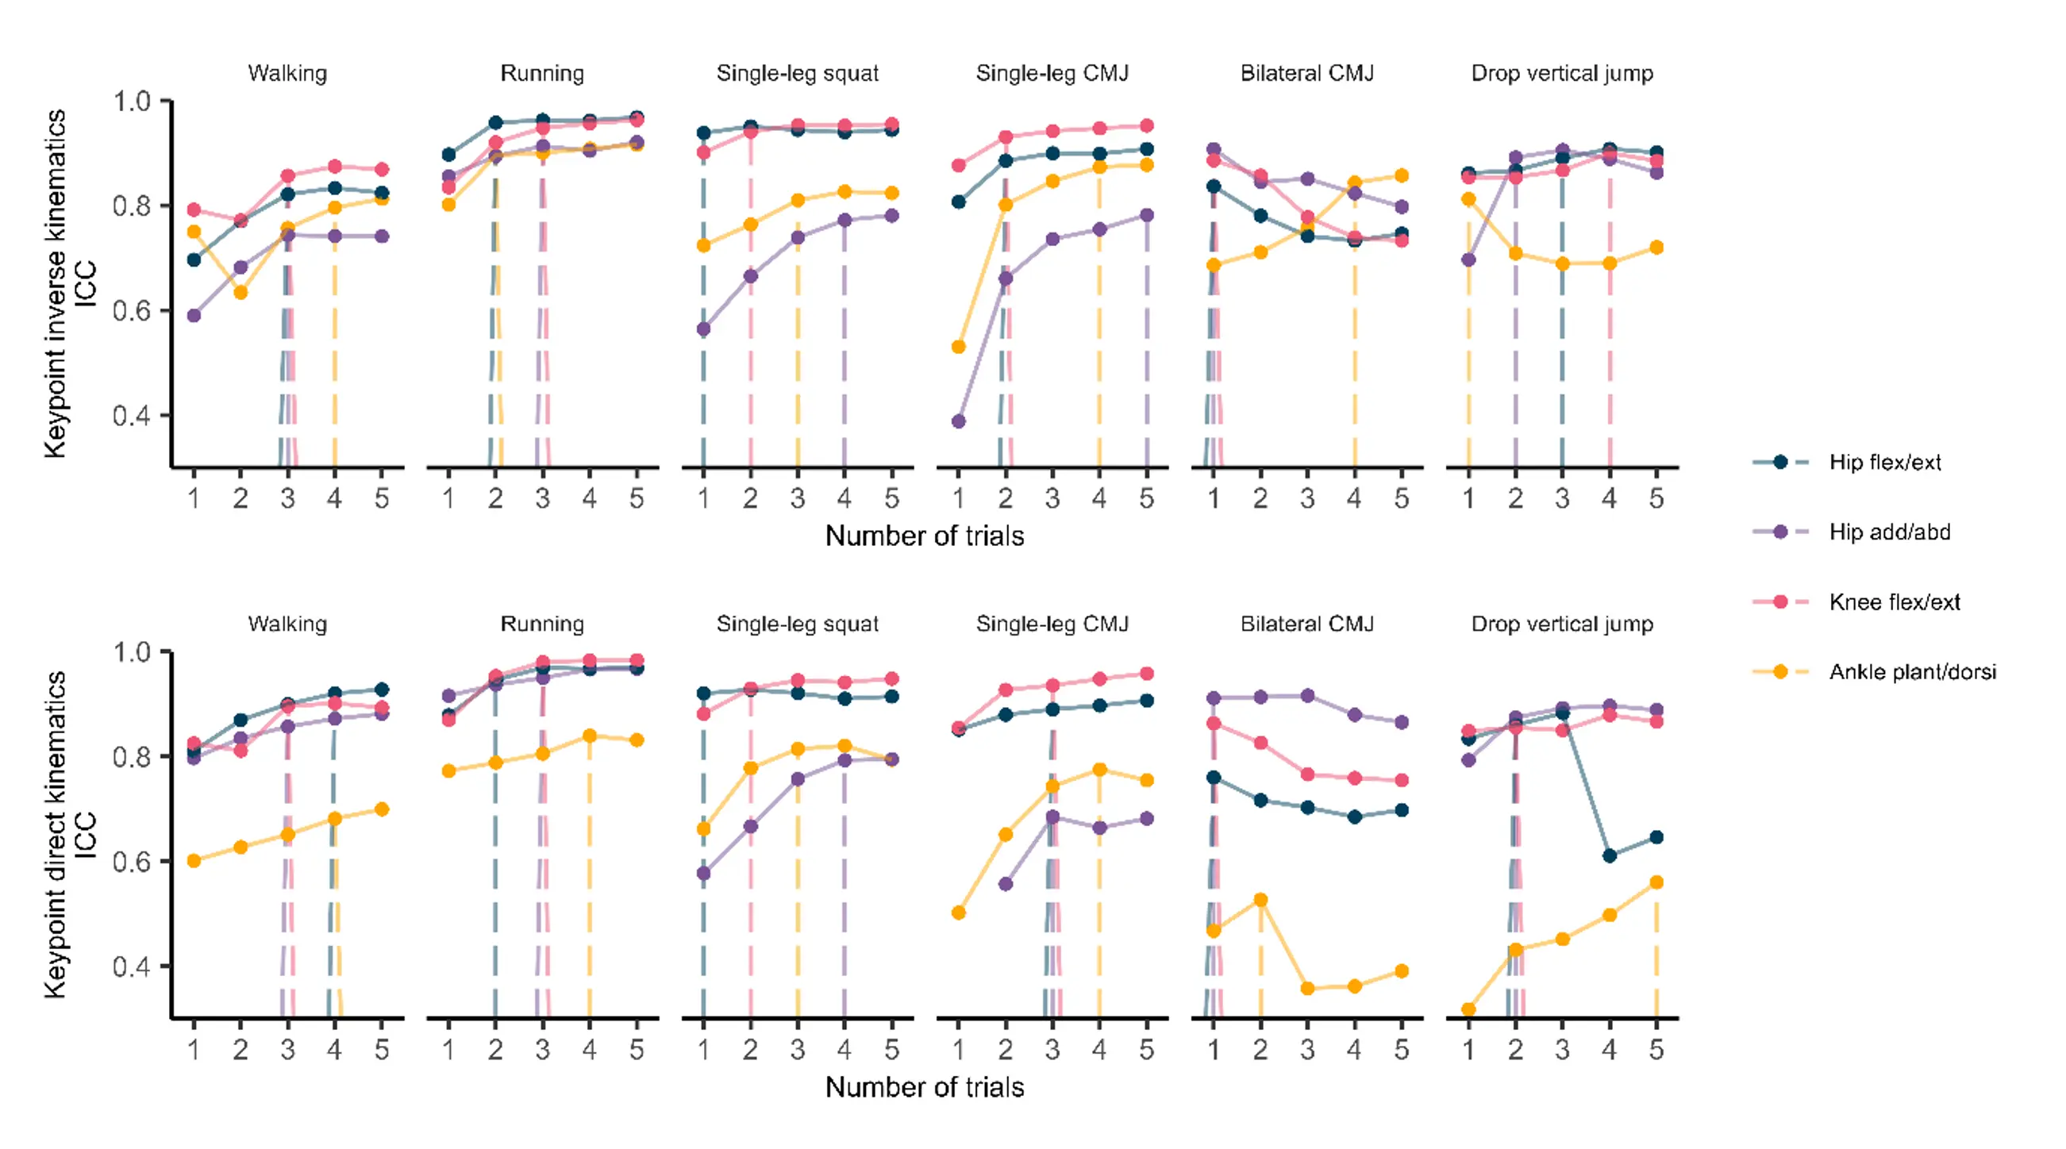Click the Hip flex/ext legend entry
[1884, 462]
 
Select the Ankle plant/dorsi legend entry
[1911, 672]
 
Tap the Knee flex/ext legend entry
[1894, 602]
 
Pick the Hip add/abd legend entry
[1889, 532]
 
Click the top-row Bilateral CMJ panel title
[1306, 73]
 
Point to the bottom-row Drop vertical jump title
[1561, 624]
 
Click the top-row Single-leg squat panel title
[797, 73]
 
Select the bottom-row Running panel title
[542, 624]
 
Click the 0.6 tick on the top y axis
[133, 311]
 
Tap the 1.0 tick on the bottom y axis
[133, 652]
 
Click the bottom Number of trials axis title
[924, 1087]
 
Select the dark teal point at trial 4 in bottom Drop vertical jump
[1609, 855]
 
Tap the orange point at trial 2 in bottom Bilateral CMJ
[1260, 900]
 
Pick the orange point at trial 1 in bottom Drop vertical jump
[1468, 1009]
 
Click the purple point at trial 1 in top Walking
[194, 316]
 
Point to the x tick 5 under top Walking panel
[382, 499]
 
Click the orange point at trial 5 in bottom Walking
[382, 809]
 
